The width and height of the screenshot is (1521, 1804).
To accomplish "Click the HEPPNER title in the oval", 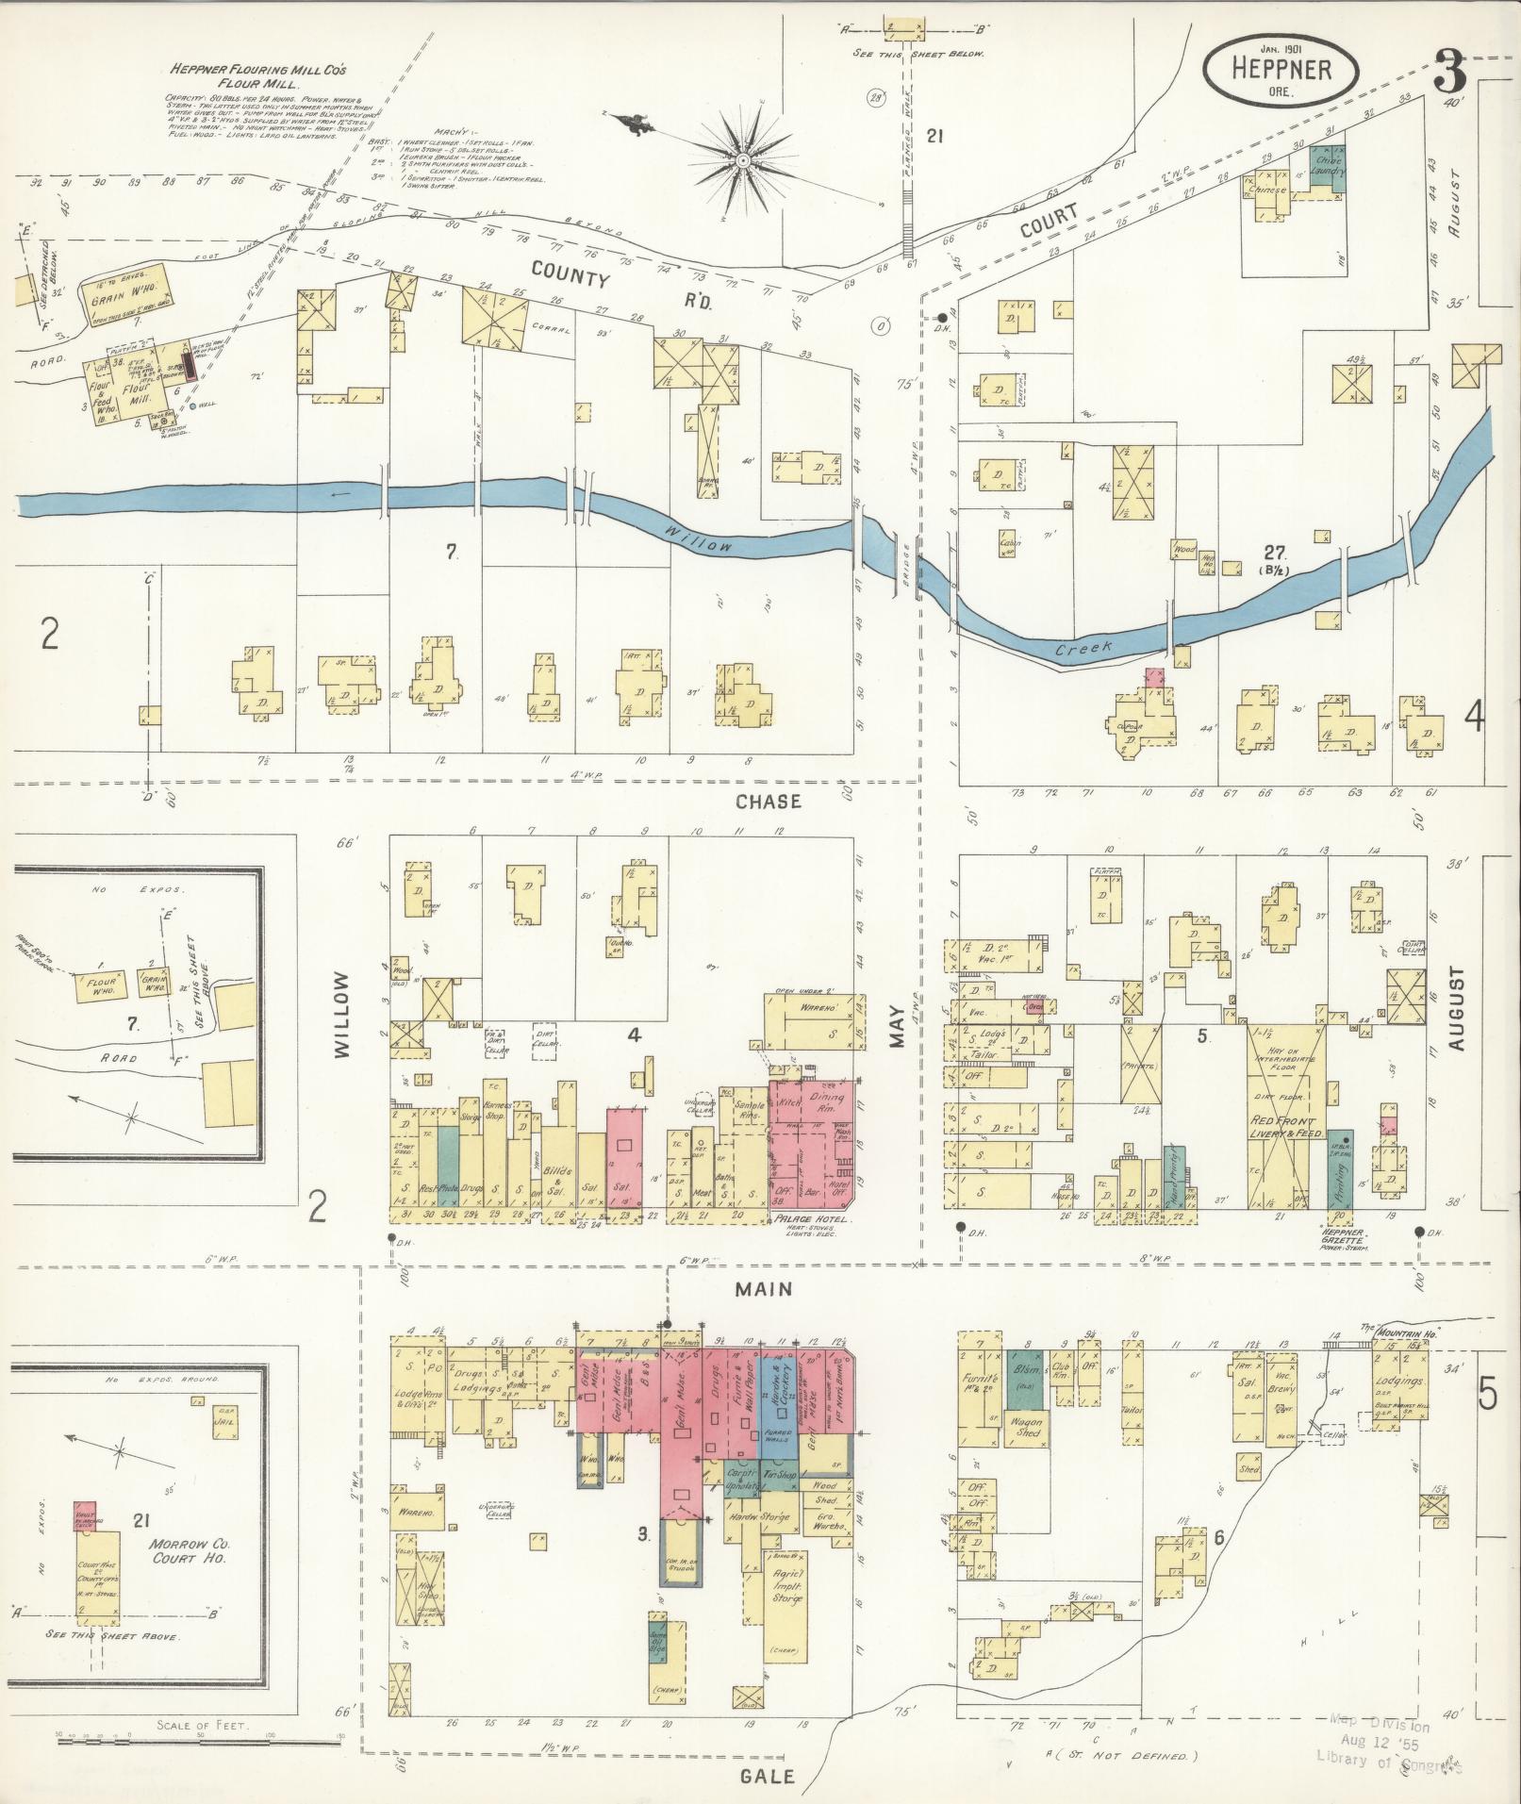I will (1280, 70).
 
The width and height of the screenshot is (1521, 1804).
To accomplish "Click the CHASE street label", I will (769, 802).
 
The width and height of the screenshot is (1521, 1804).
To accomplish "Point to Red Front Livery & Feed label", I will (1287, 1126).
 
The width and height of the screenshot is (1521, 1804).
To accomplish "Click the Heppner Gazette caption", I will (1339, 1236).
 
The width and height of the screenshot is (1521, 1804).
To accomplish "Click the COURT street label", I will (1048, 223).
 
